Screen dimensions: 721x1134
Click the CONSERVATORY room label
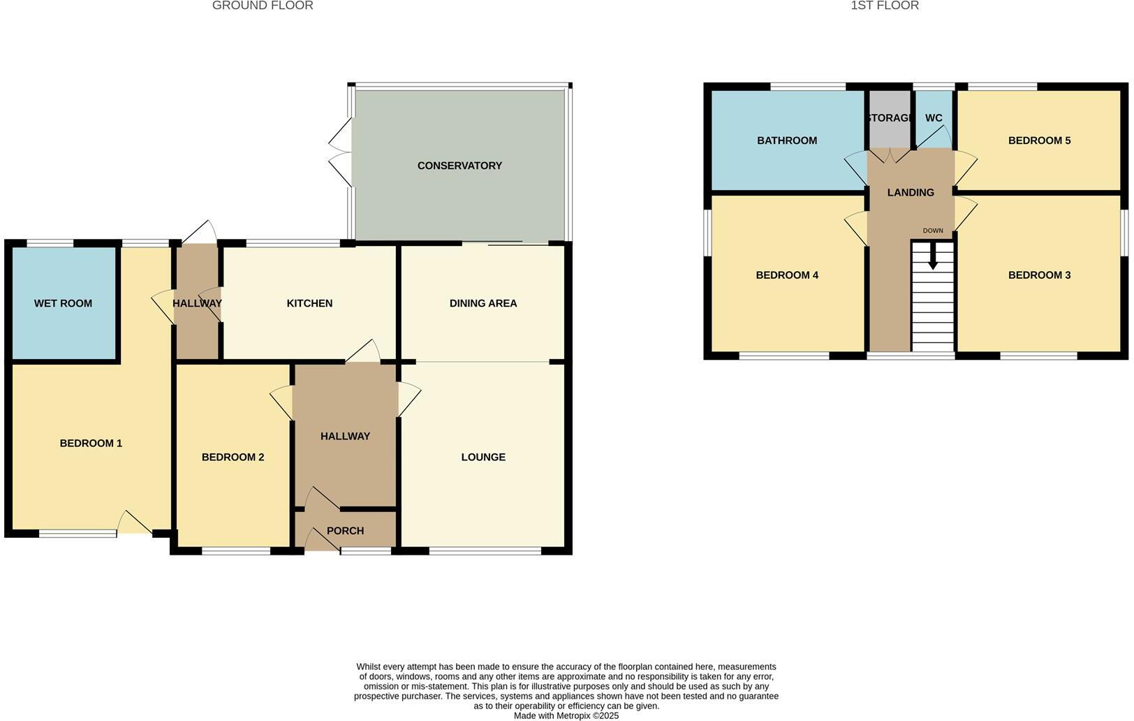coord(459,166)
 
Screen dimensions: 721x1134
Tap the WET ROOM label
coord(63,303)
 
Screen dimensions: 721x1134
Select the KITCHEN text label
coord(309,303)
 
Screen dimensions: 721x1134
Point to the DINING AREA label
coord(483,303)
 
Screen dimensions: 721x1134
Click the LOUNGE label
coord(483,457)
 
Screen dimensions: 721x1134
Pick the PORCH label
coord(345,531)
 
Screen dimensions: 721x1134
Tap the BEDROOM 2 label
coord(233,457)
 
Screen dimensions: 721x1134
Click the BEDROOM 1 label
coord(91,443)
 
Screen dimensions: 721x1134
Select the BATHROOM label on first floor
coord(787,140)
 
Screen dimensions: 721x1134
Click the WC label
coord(934,118)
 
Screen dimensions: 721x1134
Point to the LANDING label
coord(911,193)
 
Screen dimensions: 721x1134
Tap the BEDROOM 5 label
coord(1039,140)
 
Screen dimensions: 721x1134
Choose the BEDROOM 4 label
coord(787,275)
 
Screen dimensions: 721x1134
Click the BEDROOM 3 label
coord(1039,275)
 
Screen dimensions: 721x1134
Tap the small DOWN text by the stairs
coord(933,231)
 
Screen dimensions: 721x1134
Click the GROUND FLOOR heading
coord(263,6)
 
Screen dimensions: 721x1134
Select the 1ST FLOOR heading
coord(885,6)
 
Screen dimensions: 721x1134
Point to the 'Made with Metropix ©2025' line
coord(566,715)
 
